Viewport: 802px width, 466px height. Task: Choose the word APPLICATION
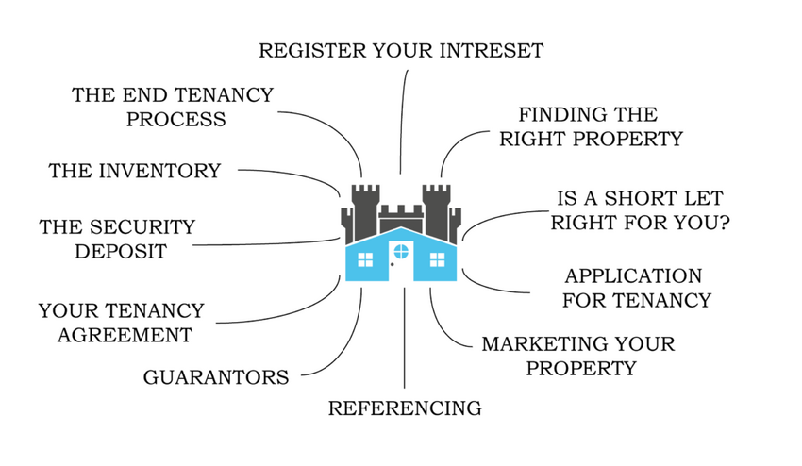pyautogui.click(x=633, y=275)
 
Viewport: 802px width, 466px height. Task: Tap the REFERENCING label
pyautogui.click(x=405, y=408)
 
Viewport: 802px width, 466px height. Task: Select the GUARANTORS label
pyautogui.click(x=216, y=377)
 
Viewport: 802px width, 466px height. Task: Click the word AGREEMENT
pyautogui.click(x=124, y=335)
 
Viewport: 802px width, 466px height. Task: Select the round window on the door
pyautogui.click(x=401, y=251)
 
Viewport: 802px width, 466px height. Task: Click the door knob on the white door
pyautogui.click(x=392, y=265)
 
